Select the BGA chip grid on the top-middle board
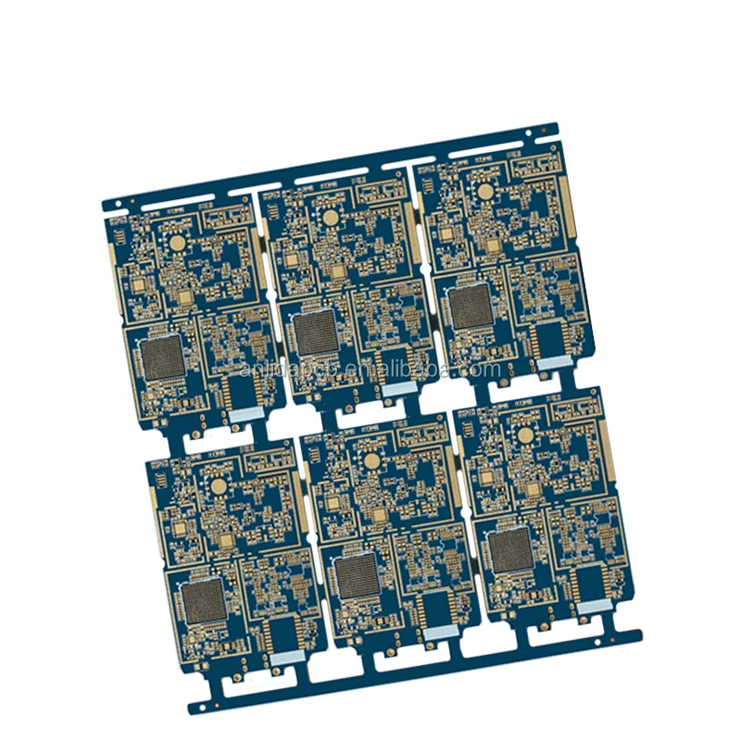coord(317,333)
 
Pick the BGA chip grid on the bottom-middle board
coord(357,576)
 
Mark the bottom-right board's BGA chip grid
coord(509,551)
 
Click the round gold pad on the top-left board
coord(175,243)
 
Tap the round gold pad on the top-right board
coord(484,192)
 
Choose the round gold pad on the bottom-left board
coord(218,484)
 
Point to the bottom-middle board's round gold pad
coord(370,459)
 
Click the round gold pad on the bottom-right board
coord(524,434)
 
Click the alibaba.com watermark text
coord(370,370)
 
